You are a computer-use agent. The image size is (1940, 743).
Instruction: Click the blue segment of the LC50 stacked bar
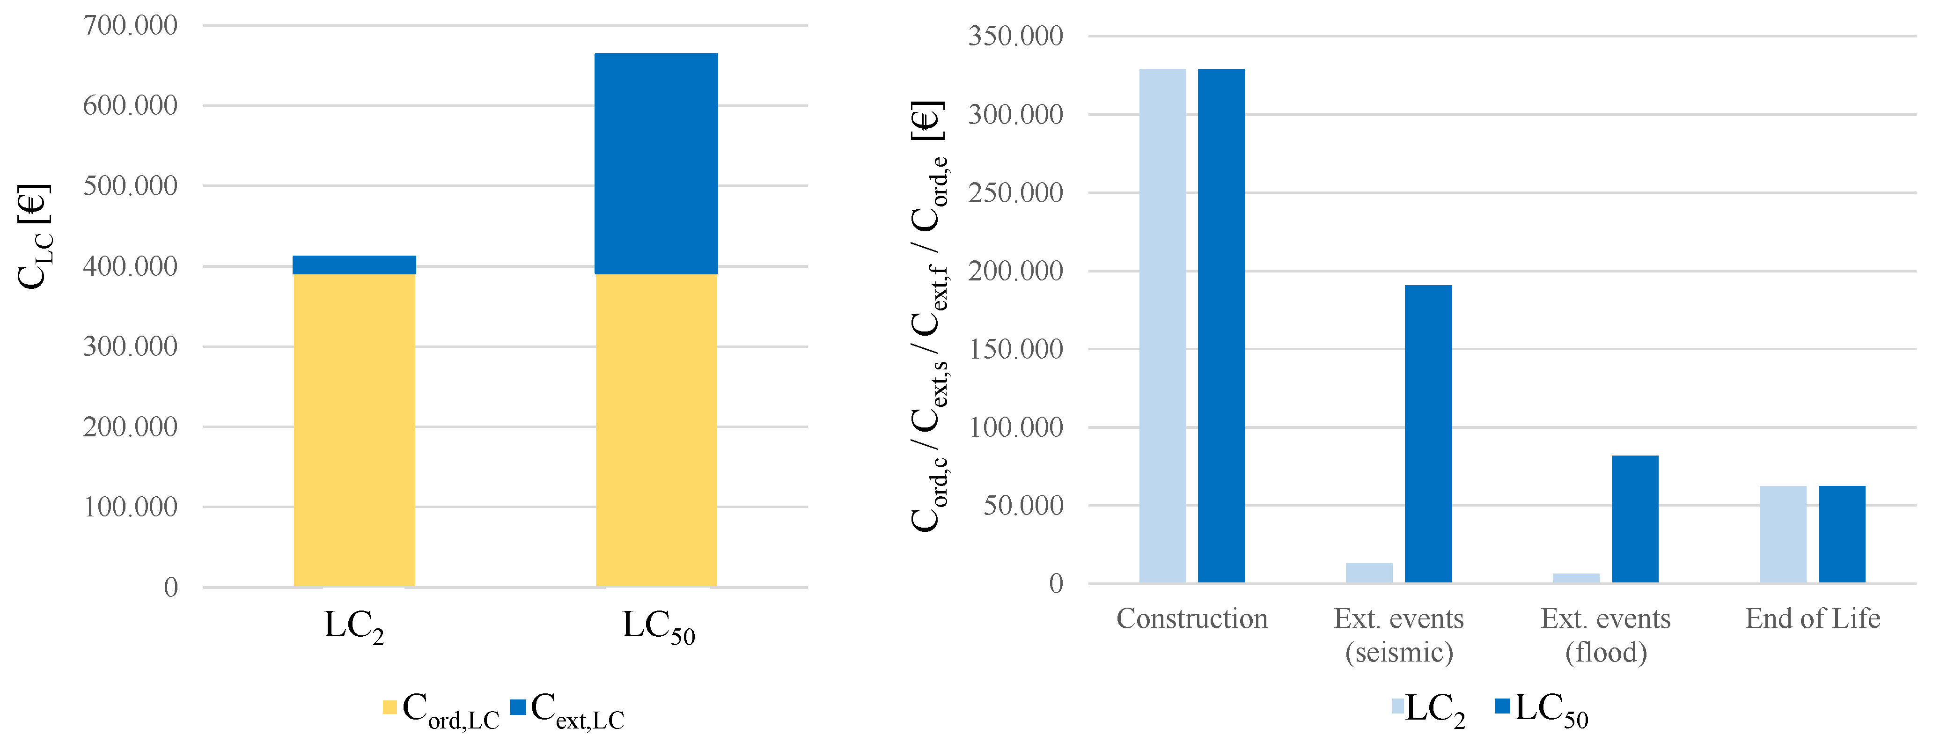[x=656, y=163]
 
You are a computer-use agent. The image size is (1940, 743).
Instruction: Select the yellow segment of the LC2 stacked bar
[x=354, y=430]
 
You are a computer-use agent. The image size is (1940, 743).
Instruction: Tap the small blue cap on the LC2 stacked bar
[x=354, y=265]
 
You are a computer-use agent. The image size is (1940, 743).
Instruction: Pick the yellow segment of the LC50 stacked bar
[x=656, y=430]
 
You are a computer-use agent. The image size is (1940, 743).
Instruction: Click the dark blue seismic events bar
[x=1428, y=434]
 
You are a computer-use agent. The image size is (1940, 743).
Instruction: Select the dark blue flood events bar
[x=1635, y=519]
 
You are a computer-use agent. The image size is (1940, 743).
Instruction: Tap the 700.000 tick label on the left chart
[x=130, y=26]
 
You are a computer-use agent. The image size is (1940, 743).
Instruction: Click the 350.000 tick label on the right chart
[x=1015, y=36]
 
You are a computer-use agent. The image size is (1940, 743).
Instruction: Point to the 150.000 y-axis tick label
[x=1015, y=349]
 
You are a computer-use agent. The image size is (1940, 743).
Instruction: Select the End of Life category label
[x=1813, y=619]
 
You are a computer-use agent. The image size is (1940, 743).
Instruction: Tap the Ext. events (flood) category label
[x=1606, y=635]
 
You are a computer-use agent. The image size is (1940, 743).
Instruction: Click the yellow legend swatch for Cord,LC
[x=389, y=707]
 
